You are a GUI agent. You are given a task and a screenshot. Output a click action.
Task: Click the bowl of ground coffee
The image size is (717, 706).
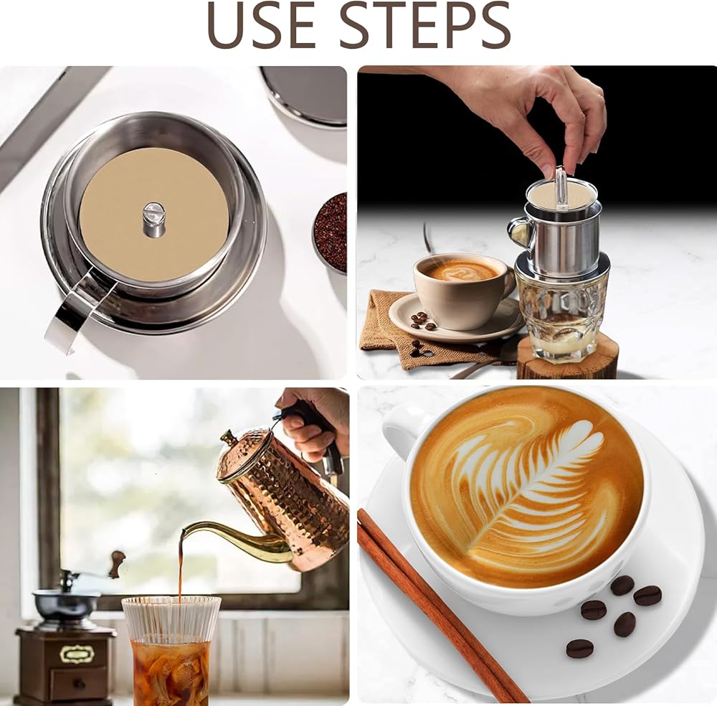coord(330,232)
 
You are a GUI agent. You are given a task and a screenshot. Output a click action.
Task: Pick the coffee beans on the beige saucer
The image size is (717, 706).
coord(422,320)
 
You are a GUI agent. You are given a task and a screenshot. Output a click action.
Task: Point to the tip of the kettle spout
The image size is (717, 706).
coord(184,532)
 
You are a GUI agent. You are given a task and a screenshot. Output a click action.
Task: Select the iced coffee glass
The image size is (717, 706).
coord(171,650)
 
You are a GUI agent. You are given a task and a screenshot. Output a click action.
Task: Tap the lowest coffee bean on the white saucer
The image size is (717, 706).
coord(580,649)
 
